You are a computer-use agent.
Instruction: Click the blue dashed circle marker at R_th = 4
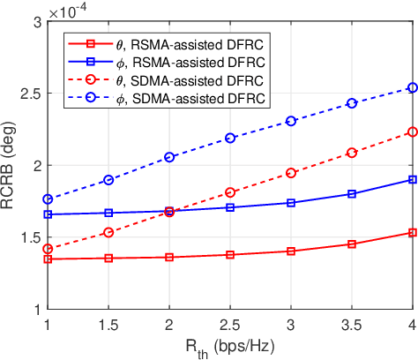[x=413, y=87]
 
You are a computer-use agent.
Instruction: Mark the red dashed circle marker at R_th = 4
[x=413, y=131]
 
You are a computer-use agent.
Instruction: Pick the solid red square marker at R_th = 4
[x=413, y=232]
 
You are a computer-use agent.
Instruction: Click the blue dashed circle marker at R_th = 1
[x=48, y=199]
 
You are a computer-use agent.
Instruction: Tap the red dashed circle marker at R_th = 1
[x=48, y=249]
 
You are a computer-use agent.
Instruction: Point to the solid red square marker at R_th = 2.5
[x=230, y=255]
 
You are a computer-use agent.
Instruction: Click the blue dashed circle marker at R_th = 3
[x=291, y=121]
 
